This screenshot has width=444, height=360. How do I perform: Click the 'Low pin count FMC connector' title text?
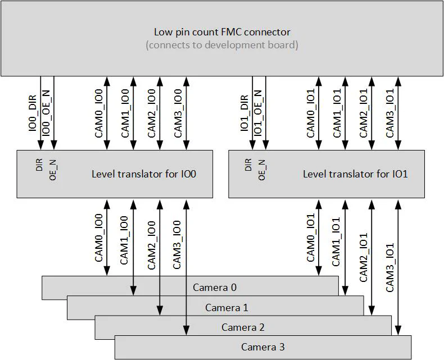coord(222,32)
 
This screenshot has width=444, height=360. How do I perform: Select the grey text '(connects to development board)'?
coord(222,45)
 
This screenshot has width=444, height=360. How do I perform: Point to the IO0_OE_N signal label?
coord(47,112)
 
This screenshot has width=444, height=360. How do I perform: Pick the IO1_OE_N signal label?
coord(258,112)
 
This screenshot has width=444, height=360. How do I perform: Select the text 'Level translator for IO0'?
coord(144,174)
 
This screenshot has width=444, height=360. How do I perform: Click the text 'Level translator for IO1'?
coord(355,174)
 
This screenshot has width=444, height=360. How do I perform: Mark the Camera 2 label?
coord(243,327)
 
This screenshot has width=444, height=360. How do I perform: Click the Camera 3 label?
coord(263,347)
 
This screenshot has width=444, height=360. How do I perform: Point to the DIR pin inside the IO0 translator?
coord(39,163)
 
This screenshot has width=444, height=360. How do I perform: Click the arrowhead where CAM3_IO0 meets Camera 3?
coord(186,331)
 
